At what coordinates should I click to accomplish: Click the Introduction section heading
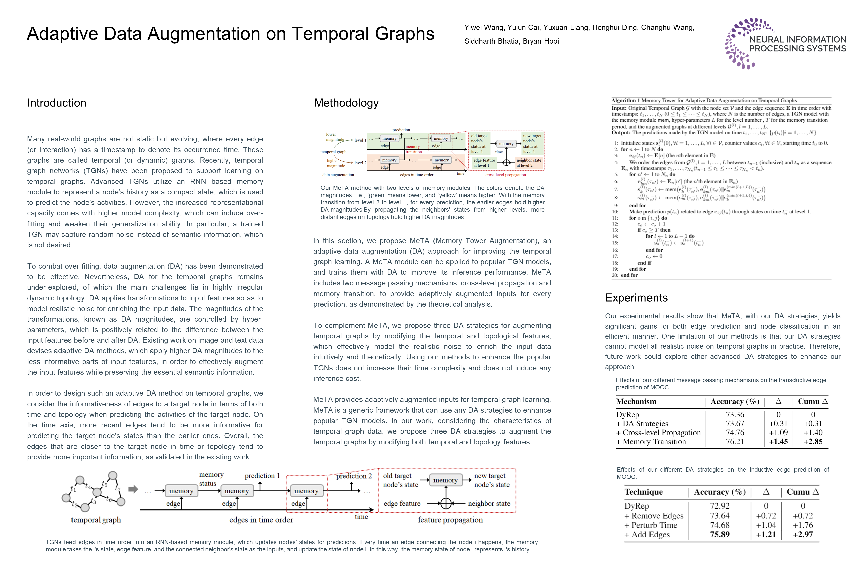pos(56,103)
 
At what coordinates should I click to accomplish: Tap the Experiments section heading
pos(636,298)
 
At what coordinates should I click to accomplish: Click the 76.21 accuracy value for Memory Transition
pos(735,441)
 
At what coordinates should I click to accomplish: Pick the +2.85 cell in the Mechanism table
pos(813,441)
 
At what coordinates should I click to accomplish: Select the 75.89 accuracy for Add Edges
pos(719,535)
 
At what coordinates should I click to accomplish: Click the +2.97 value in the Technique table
pos(803,535)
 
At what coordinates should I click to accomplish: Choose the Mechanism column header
pos(636,401)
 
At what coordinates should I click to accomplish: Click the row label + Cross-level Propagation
pos(658,432)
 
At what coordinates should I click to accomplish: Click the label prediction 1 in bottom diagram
pos(262,476)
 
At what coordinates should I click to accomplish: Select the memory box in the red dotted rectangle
pos(306,491)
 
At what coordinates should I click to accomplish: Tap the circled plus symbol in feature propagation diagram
pos(446,503)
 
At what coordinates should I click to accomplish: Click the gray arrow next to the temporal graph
pos(133,489)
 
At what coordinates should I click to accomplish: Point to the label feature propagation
pos(450,520)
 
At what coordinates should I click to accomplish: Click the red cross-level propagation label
pos(505,175)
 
